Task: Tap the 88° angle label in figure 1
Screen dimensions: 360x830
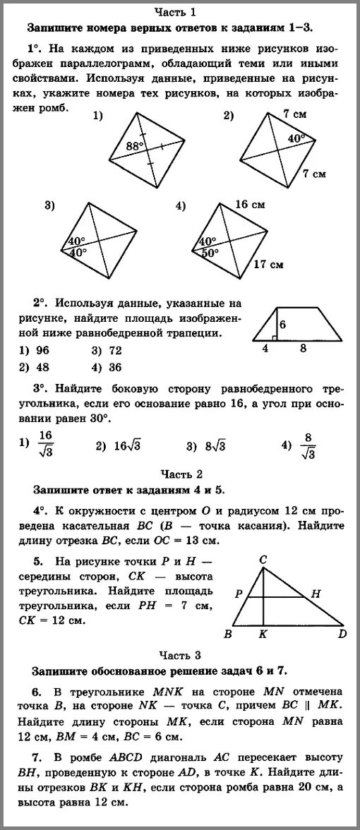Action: pyautogui.click(x=135, y=146)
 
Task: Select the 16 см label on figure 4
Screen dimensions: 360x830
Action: pyautogui.click(x=250, y=205)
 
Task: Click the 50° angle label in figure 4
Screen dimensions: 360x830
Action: pyautogui.click(x=208, y=253)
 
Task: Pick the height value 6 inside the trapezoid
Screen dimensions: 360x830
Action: pyautogui.click(x=283, y=325)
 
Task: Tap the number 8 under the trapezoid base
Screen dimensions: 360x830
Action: pyautogui.click(x=304, y=348)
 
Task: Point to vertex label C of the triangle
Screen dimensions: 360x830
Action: pyautogui.click(x=263, y=541)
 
